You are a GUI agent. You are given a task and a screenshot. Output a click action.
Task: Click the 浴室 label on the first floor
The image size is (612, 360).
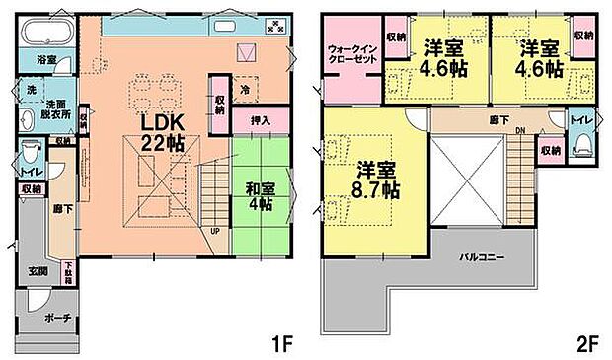pyautogui.click(x=45, y=60)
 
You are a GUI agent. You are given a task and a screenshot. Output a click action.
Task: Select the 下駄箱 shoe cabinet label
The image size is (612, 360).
pyautogui.click(x=68, y=271)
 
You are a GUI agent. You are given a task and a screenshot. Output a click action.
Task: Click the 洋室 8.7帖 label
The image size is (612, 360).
pyautogui.click(x=376, y=178)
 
